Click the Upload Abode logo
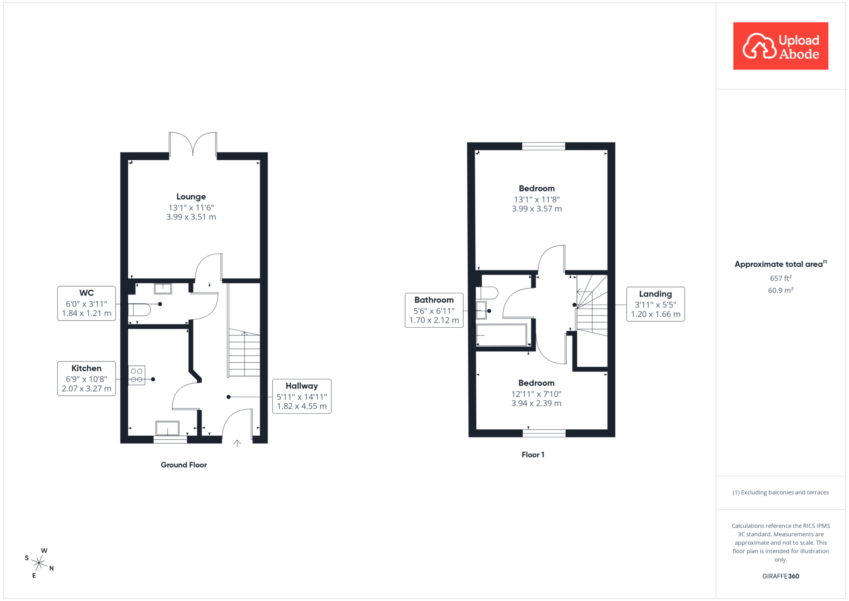(781, 46)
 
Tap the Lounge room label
(191, 197)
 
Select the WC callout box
(87, 303)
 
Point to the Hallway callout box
(302, 396)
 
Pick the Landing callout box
(655, 304)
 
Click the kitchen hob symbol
(137, 375)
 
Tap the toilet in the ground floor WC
(139, 310)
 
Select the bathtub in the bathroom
(502, 335)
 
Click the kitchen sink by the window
(167, 428)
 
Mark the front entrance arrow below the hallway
(237, 443)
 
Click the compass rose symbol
(39, 563)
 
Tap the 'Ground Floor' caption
(184, 465)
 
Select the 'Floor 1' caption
(533, 455)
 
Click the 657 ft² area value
(781, 278)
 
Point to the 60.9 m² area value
(781, 290)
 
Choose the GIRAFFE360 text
(781, 576)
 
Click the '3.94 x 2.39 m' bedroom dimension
(536, 403)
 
